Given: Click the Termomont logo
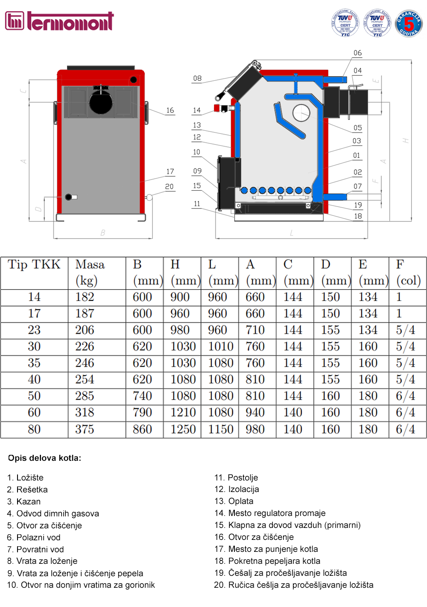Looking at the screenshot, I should (x=59, y=21).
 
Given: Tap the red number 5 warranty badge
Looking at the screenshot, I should (x=409, y=24).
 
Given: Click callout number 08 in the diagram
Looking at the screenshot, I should (x=197, y=79).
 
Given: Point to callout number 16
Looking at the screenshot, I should (x=170, y=111).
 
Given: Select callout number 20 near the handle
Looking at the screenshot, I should (x=170, y=187).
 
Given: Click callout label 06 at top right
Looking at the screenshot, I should (x=357, y=53).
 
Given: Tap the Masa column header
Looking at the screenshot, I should (x=90, y=265).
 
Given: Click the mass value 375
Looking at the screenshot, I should (x=85, y=429).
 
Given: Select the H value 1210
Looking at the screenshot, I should (x=183, y=413).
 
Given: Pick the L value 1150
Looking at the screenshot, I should (x=221, y=429).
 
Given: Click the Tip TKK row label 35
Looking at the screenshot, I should (x=34, y=363).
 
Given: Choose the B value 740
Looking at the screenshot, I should (x=142, y=396).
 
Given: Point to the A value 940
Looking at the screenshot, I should (x=255, y=413).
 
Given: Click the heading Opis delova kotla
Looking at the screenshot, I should (x=44, y=458).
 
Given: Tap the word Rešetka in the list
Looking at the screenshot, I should (x=32, y=490).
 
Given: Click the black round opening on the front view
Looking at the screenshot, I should (x=101, y=103).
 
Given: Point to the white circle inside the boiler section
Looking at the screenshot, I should (x=301, y=113).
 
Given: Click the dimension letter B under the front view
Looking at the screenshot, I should (x=103, y=233).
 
